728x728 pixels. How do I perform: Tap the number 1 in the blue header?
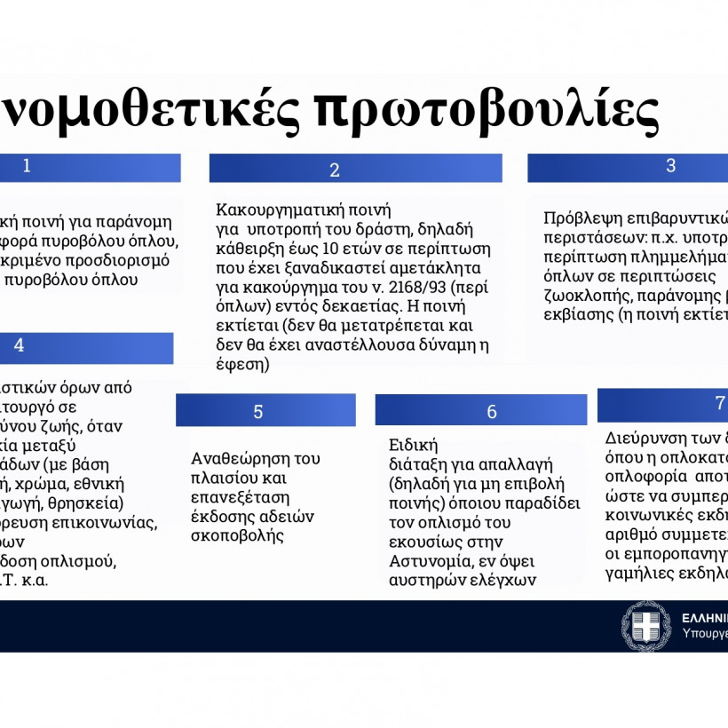coord(27,165)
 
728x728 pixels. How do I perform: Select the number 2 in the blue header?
coord(335,170)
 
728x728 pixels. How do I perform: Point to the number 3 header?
coord(671,165)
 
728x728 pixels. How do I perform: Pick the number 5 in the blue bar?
coord(258,411)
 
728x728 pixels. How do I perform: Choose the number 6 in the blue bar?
coord(492,411)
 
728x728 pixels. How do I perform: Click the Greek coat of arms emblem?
coord(645,625)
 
